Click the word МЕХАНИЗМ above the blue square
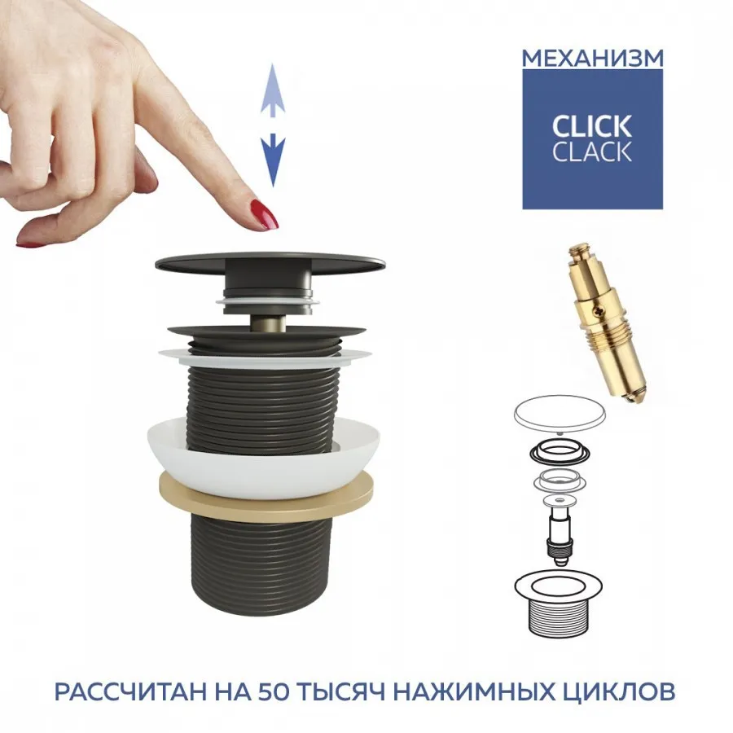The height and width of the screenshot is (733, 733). pos(592,59)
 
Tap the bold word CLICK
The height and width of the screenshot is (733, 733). pos(592,126)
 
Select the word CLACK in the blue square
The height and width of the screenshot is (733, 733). pos(592,151)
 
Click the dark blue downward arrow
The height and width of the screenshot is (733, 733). pos(273,160)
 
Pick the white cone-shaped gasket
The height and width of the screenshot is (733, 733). pos(265,458)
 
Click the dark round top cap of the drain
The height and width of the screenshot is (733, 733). pos(270,261)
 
